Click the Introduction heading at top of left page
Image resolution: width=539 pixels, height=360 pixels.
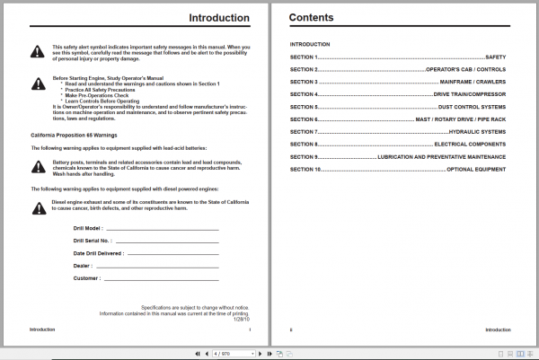tap(220, 17)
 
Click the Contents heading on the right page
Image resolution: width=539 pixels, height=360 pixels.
tap(311, 17)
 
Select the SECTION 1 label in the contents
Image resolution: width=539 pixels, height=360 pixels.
tap(304, 57)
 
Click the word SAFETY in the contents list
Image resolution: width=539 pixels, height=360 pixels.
tap(496, 57)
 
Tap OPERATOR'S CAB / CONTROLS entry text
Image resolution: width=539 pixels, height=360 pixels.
tap(466, 69)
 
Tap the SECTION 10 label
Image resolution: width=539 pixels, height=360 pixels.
tap(305, 170)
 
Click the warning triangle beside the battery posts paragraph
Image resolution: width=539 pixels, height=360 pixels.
tap(37, 165)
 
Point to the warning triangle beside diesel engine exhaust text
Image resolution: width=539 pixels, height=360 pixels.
tap(37, 208)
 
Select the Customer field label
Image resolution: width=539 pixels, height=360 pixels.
tap(87, 278)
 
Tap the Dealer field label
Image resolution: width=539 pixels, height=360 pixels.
tap(83, 266)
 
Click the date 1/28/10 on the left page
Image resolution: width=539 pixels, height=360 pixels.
tap(240, 318)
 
